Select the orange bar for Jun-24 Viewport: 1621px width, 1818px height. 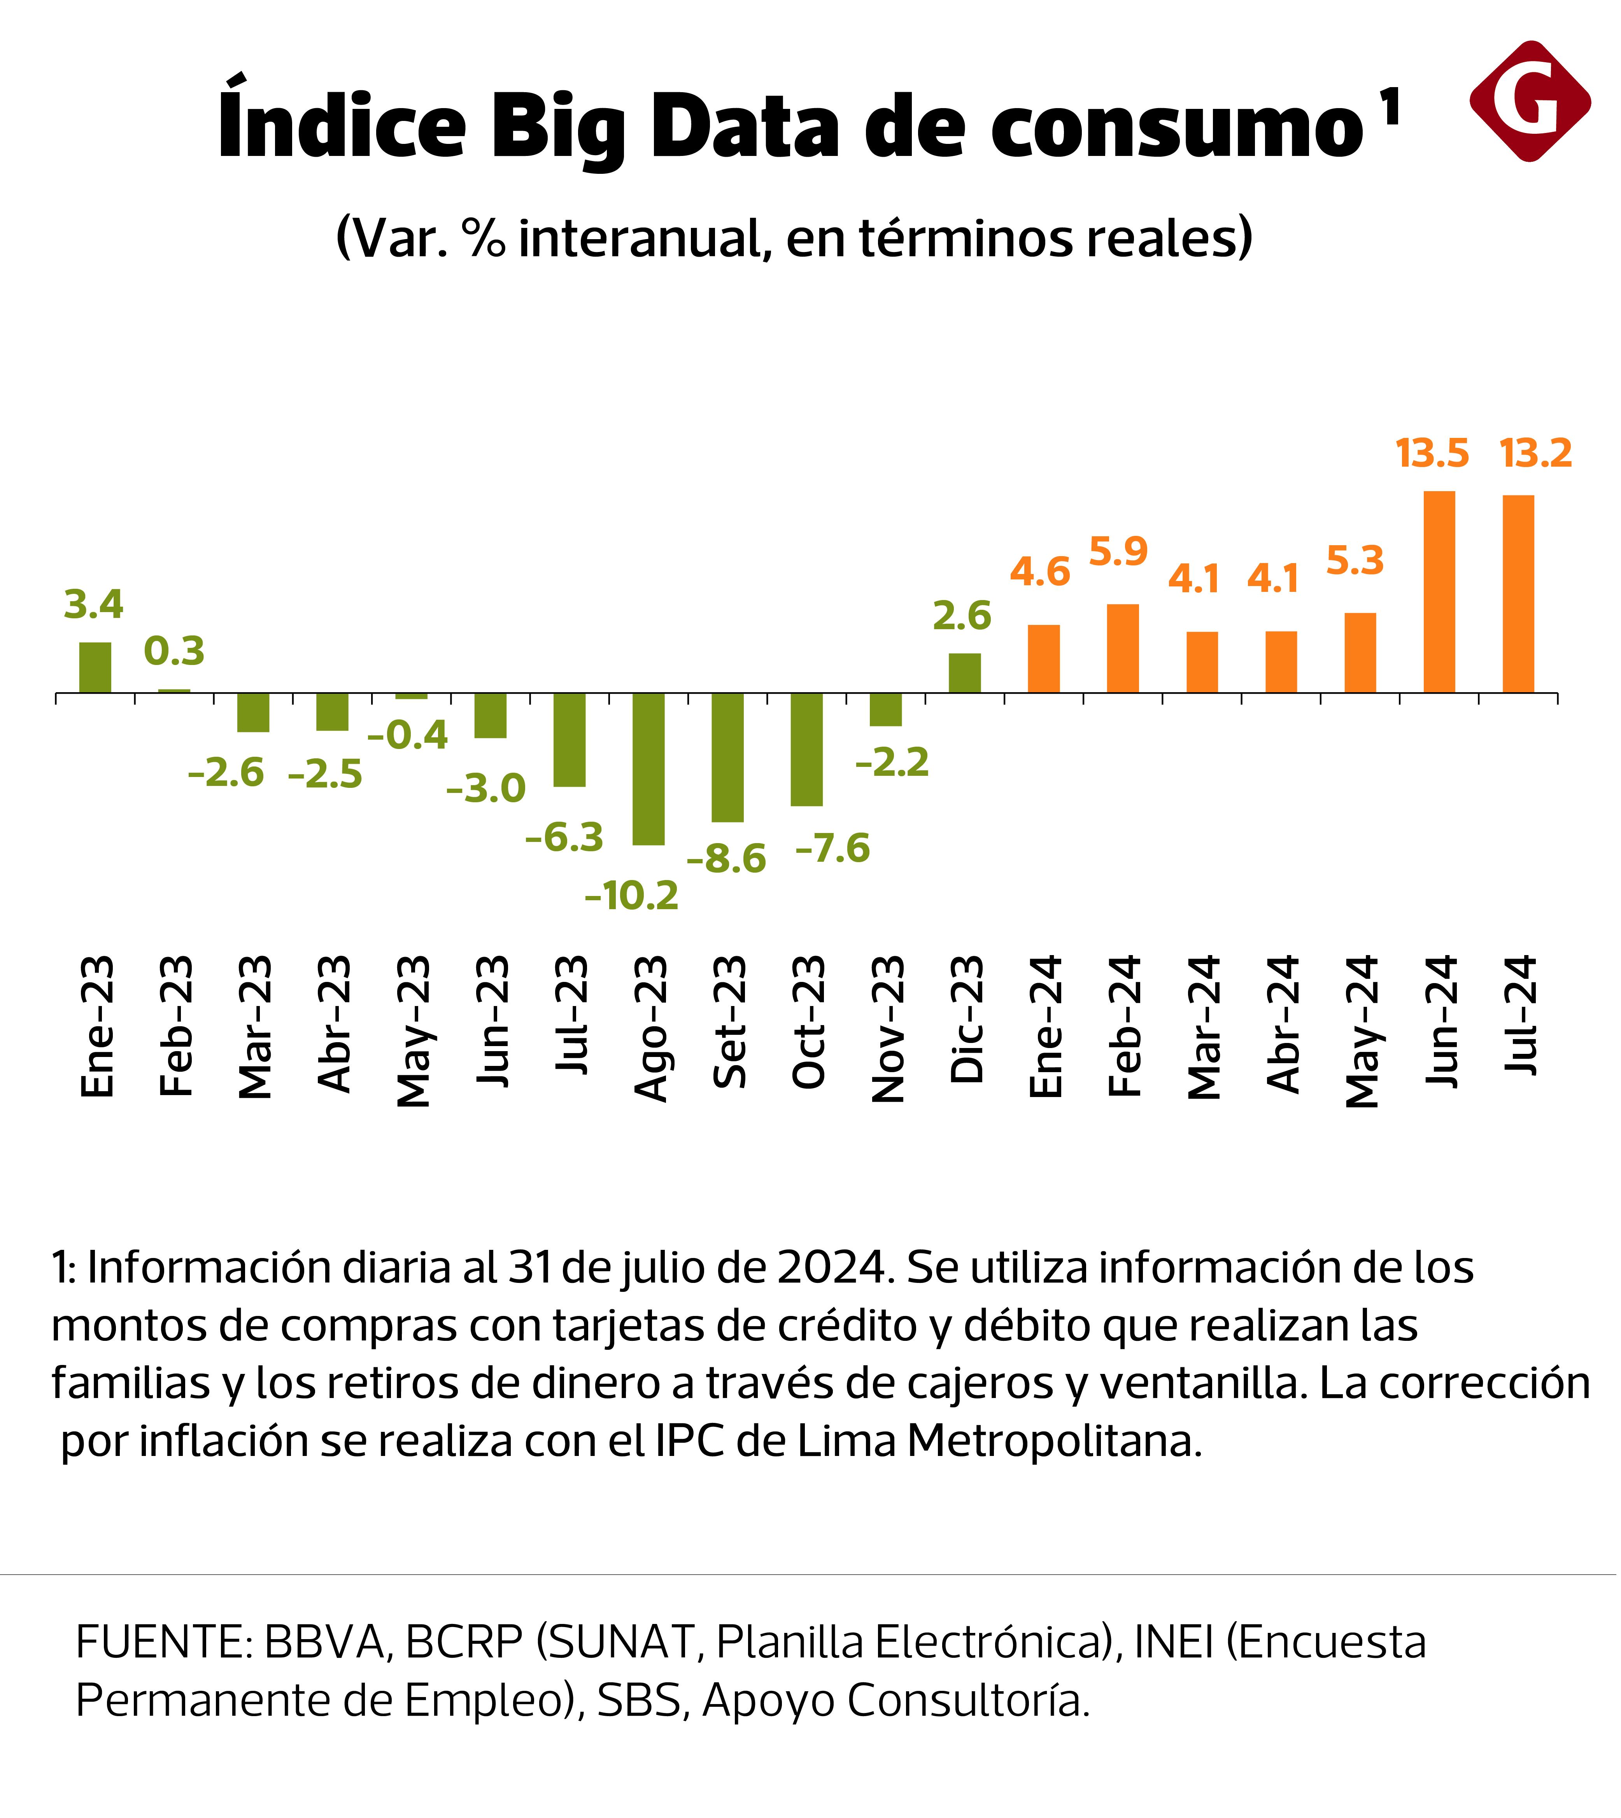1439,592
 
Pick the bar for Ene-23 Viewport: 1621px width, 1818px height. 95,668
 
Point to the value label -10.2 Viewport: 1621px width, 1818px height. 631,896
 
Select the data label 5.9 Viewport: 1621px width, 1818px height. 1119,553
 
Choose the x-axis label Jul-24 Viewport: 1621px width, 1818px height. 1520,1015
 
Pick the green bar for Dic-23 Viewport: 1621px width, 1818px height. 965,673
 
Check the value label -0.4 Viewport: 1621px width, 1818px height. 408,735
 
